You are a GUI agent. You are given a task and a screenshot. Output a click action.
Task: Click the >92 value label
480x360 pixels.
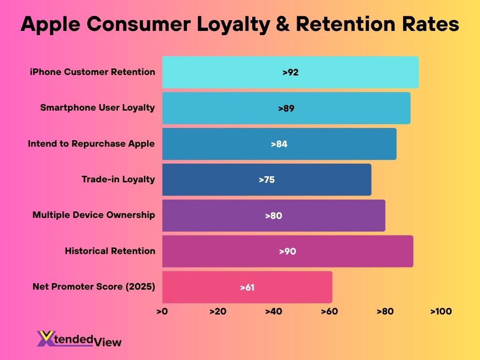click(290, 73)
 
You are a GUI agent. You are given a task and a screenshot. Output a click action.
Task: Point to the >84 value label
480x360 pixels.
click(279, 144)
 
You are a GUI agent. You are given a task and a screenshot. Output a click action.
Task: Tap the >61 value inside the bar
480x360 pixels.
click(247, 287)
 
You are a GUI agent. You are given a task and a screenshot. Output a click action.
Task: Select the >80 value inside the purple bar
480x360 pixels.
click(273, 216)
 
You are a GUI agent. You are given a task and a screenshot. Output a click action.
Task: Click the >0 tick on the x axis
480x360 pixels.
click(162, 312)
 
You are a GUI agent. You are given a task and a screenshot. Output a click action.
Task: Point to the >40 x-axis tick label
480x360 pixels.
click(273, 312)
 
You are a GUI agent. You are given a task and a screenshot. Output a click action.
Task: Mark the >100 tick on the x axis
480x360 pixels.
click(441, 312)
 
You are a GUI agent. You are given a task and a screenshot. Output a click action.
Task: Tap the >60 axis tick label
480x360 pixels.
click(329, 312)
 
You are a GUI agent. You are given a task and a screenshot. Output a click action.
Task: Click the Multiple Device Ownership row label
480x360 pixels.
click(94, 215)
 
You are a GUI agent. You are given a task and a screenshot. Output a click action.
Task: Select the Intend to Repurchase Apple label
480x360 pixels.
click(91, 143)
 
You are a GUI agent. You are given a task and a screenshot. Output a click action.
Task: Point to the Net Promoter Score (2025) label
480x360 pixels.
click(94, 286)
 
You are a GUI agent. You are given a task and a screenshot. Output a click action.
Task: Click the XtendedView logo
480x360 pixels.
click(79, 339)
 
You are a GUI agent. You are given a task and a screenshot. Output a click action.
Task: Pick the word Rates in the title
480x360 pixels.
click(430, 24)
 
